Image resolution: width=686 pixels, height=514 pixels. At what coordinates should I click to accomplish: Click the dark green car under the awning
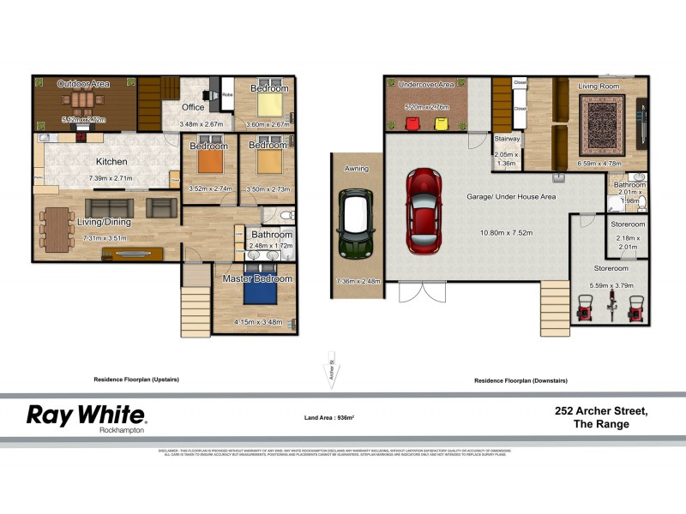[x=355, y=224]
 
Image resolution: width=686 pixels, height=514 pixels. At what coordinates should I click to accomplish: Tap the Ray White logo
[x=87, y=415]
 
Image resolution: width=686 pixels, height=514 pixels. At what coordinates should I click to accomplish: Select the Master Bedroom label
[x=257, y=278]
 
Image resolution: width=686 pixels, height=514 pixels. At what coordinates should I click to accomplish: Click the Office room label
[x=193, y=107]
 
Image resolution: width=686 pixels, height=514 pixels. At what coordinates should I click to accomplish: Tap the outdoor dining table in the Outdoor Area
[x=83, y=105]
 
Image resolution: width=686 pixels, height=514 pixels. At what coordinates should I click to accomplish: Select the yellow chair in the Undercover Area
[x=442, y=123]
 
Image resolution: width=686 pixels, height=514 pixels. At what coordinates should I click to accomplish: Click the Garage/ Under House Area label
[x=511, y=197]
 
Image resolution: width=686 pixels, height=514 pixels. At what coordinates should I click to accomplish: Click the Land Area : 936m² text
[x=329, y=417]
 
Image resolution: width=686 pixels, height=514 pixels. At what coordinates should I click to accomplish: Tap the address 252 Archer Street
[x=601, y=410]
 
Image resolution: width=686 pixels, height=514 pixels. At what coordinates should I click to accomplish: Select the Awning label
[x=356, y=169]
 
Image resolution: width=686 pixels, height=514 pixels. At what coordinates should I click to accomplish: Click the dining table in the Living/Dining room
[x=59, y=227]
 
